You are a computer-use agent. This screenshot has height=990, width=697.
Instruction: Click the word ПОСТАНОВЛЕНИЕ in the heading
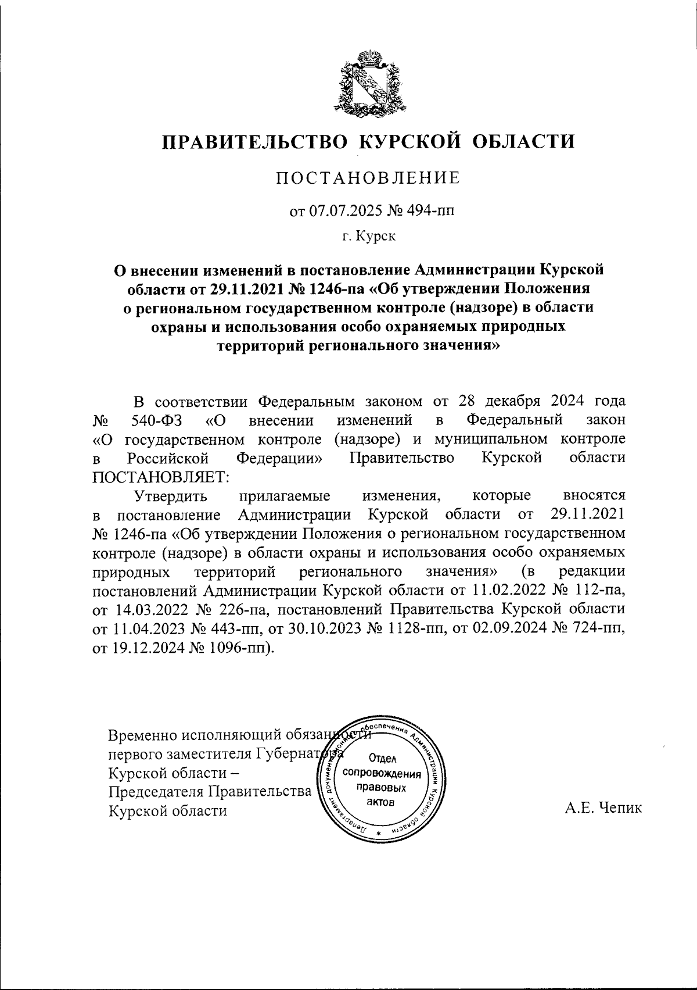pos(368,178)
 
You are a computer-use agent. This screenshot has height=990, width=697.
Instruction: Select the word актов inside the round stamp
pos(382,802)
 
